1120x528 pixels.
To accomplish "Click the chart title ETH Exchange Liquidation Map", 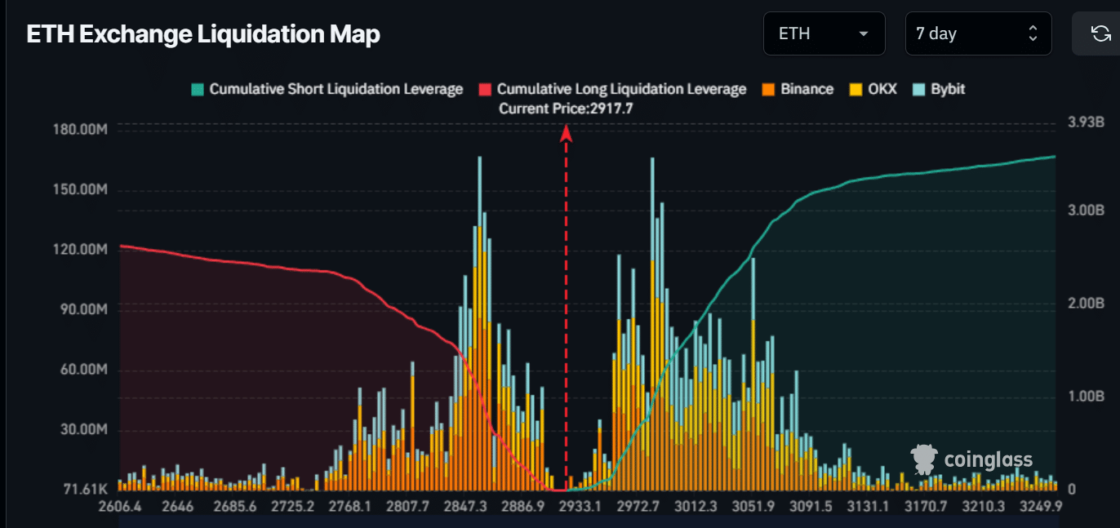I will click(203, 34).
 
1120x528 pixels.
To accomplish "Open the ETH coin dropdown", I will click(824, 33).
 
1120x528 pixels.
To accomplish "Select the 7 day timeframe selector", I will click(978, 33).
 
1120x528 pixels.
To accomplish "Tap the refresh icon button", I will click(1100, 33).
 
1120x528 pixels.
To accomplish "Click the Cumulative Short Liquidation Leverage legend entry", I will click(327, 89).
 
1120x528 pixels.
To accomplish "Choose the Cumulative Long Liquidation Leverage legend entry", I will click(612, 89).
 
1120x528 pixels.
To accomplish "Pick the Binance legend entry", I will click(798, 89).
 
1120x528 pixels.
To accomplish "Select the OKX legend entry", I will click(873, 89).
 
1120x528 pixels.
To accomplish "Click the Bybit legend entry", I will click(938, 89).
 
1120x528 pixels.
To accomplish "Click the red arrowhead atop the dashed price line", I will click(566, 133).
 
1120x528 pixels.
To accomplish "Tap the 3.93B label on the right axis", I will click(1086, 122).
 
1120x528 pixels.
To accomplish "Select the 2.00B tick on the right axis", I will click(1086, 304).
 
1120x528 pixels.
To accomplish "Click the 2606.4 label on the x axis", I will click(120, 507).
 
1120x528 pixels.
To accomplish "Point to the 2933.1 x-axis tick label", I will click(580, 507).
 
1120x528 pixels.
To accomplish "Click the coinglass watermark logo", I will click(971, 459).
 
